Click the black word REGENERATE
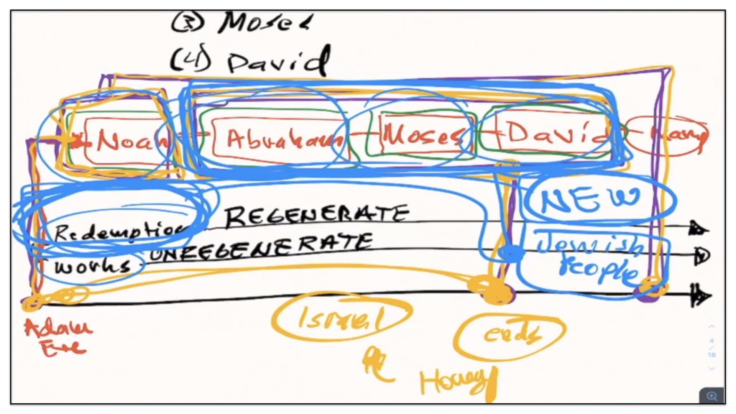(316, 215)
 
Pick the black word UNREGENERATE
(261, 247)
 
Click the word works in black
(92, 266)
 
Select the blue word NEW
(590, 200)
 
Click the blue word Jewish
(590, 245)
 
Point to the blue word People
(598, 270)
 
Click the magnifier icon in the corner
(711, 396)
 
